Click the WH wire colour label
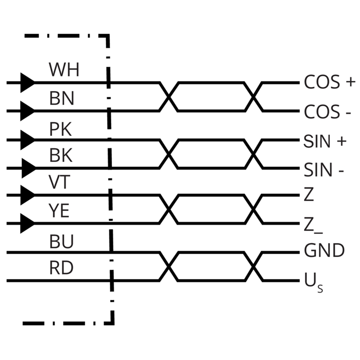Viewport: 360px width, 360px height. tap(64, 70)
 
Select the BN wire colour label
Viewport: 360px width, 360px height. tap(62, 99)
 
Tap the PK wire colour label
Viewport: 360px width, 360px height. tap(61, 129)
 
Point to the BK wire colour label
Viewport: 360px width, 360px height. tap(61, 155)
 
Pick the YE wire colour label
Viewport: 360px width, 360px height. tap(59, 211)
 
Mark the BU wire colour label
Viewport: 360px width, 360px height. tap(62, 242)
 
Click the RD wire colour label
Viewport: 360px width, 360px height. tap(61, 268)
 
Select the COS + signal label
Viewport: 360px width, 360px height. tap(330, 82)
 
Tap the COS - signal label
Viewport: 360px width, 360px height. tap(328, 112)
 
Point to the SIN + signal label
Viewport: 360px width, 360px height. tap(325, 141)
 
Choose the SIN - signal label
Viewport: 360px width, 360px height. tap(324, 170)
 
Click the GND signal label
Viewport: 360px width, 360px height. tap(324, 250)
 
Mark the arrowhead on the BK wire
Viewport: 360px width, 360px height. tap(29, 168)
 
